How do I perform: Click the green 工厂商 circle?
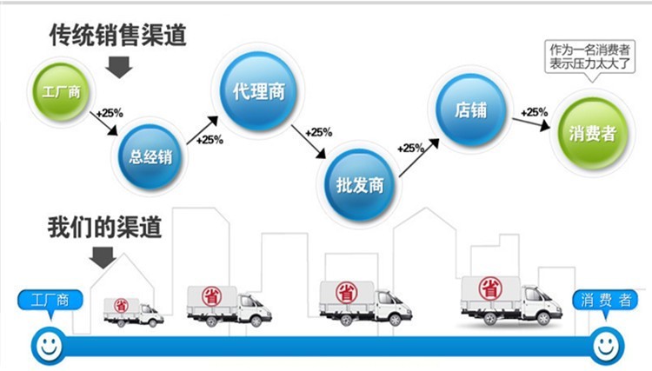61,91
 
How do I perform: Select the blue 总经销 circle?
150,156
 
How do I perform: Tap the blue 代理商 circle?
259,90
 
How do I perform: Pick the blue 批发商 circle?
360,184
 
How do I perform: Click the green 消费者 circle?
592,133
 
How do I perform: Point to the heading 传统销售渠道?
118,35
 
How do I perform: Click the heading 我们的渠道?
104,227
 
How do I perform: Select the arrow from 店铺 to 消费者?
531,123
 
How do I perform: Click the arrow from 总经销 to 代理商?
203,130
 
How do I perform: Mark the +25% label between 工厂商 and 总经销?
110,113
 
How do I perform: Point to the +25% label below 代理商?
318,133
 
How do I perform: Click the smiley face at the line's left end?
49,346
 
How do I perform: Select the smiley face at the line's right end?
606,346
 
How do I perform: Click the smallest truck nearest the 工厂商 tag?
133,313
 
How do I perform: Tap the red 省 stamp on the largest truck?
489,288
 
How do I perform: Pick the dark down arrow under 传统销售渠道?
119,67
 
